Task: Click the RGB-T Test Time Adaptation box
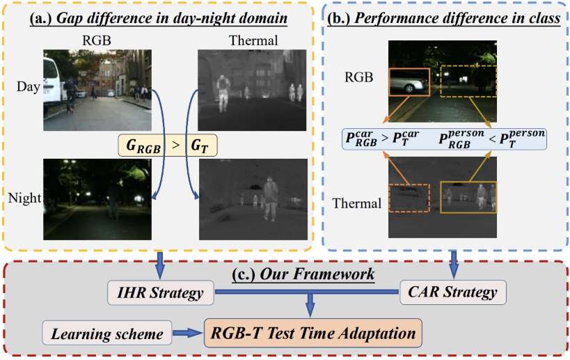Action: [x=315, y=334]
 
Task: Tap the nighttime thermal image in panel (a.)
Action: [x=251, y=199]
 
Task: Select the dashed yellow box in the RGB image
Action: [x=468, y=81]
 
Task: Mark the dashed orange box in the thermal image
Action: [x=409, y=197]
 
